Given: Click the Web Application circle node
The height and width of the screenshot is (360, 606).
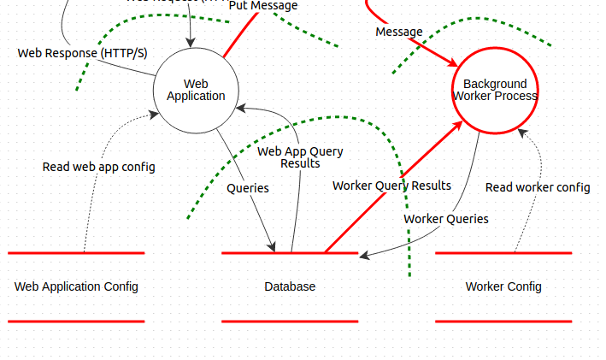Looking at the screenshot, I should pos(196,91).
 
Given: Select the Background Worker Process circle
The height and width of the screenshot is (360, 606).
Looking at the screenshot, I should pos(495,91).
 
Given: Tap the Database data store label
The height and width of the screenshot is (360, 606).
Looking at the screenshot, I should pos(290,286).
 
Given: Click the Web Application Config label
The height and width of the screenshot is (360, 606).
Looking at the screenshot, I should pos(76,286).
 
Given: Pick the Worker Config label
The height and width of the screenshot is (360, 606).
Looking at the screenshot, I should pos(503,286).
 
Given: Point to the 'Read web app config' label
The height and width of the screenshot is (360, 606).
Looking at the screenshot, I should pos(99,167).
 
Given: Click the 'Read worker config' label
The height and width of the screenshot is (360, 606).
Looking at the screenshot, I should pos(538,187).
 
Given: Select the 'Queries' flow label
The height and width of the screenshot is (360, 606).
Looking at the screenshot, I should pos(248,187).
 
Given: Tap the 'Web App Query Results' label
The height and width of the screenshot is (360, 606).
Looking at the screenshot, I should pos(301,157).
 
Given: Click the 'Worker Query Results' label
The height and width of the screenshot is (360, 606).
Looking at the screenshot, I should pos(391,186).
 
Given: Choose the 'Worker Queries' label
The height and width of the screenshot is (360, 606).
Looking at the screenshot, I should pos(446,219).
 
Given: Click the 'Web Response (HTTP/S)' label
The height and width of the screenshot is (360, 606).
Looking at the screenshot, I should pos(82,53).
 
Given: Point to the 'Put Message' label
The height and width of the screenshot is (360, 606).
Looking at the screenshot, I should pos(263,6).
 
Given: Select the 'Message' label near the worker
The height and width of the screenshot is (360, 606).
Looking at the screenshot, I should pos(399,32).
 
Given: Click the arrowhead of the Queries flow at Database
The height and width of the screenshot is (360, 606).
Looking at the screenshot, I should pos(274,248).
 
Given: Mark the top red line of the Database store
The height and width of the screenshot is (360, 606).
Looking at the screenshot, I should pos(256,253).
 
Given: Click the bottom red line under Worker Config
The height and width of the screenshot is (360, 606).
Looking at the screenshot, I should pos(503,322).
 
